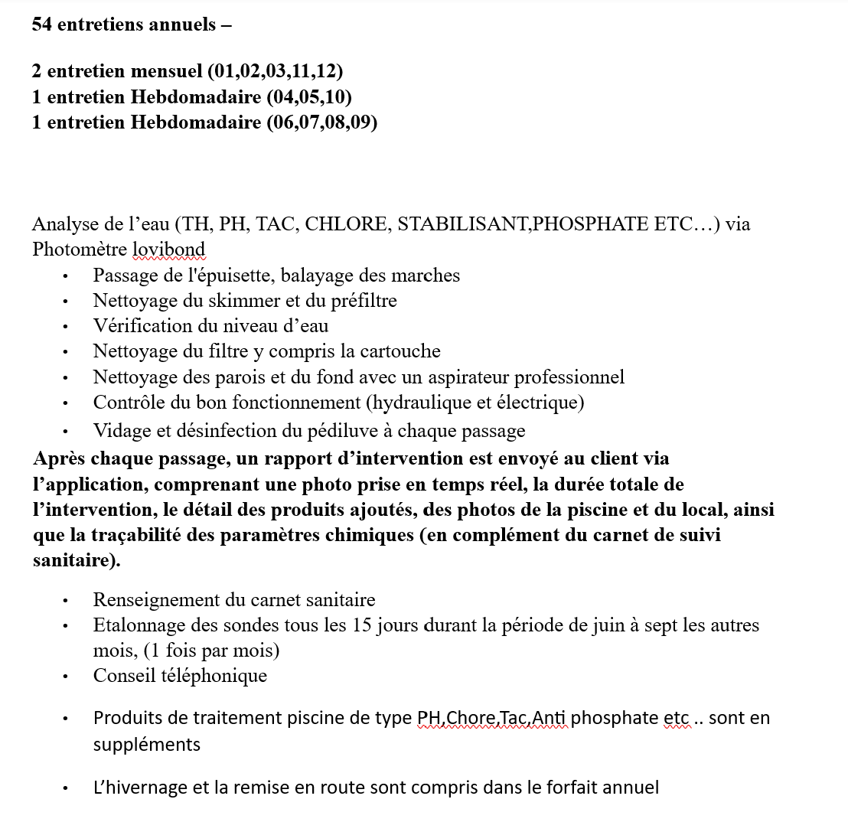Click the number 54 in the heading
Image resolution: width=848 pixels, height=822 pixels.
[x=42, y=24]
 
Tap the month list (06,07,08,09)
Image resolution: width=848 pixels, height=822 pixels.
[x=322, y=122]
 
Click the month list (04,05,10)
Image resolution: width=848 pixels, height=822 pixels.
[x=309, y=96]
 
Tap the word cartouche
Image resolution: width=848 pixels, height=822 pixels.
[x=402, y=351]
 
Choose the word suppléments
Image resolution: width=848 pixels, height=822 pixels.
[x=147, y=744]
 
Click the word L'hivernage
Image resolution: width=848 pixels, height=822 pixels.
[x=137, y=787]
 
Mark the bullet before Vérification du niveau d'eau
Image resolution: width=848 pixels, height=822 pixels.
[x=67, y=327]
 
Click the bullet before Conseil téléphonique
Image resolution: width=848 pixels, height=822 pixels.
[x=67, y=677]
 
